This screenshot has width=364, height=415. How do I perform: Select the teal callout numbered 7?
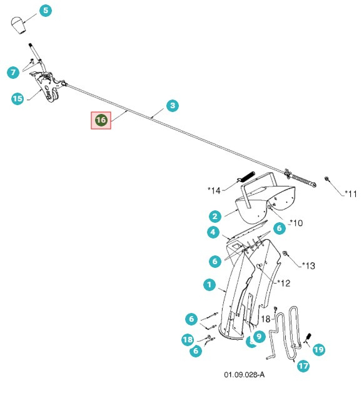point(13,73)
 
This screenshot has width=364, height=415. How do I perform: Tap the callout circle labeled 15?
point(18,98)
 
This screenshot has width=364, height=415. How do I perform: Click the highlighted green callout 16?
point(101,120)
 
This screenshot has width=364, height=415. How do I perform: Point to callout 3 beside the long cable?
point(173,106)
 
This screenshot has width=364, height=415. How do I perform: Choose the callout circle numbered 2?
point(215,217)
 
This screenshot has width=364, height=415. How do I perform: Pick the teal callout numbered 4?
point(213,233)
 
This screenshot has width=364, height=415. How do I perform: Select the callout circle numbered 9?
point(259,337)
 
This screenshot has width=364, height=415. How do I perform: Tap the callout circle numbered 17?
point(303,366)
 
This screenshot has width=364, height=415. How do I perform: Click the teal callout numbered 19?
point(318,349)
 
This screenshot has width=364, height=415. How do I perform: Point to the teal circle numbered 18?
point(188,339)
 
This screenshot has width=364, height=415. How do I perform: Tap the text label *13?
point(306,266)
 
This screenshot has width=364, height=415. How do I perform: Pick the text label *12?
point(282,283)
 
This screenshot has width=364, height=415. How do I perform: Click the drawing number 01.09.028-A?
point(244,375)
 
